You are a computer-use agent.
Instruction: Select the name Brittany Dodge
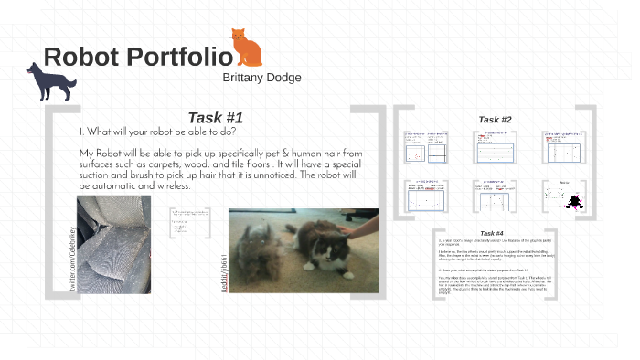pos(261,78)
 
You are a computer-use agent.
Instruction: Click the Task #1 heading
pos(215,117)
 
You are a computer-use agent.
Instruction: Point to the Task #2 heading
pos(495,120)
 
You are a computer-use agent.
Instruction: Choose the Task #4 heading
pos(492,234)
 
